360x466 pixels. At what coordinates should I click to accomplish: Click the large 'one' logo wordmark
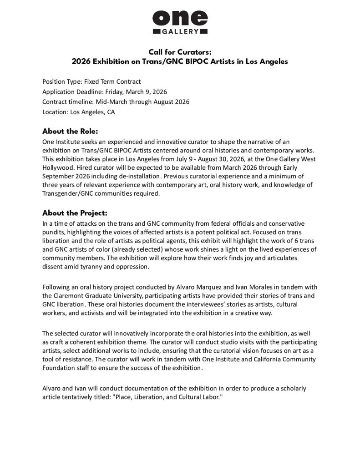pyautogui.click(x=180, y=18)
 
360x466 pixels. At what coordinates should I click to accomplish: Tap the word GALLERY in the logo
pyautogui.click(x=180, y=31)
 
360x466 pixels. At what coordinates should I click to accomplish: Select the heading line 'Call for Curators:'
pyautogui.click(x=180, y=52)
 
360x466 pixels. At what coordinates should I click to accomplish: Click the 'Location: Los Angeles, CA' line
pyautogui.click(x=78, y=112)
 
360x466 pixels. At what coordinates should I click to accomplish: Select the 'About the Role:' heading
pyautogui.click(x=70, y=131)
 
